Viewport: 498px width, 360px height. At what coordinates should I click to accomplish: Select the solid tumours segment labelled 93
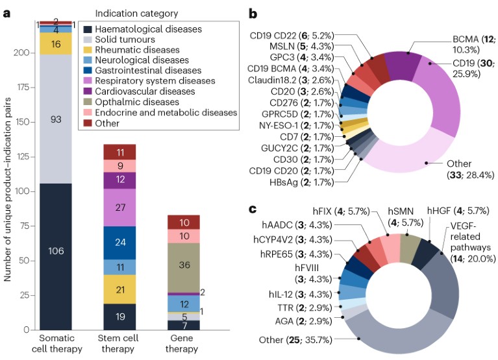pos(56,119)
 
